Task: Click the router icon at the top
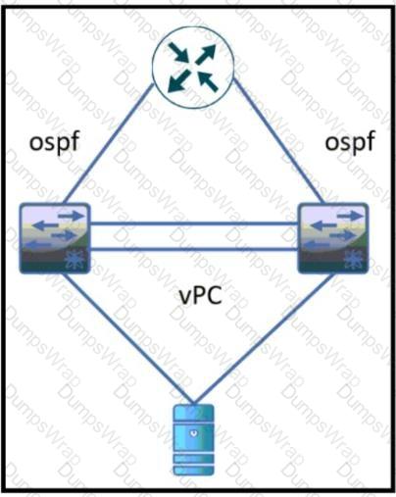pos(193,68)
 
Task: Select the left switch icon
pos(55,238)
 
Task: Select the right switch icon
pos(333,238)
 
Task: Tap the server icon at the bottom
pos(194,440)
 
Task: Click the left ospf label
pos(55,142)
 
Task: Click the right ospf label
pos(350,142)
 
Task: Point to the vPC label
pos(201,296)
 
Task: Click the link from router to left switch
pos(109,144)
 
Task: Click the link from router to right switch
pos(278,141)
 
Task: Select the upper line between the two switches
pos(194,224)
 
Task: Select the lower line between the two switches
pos(194,250)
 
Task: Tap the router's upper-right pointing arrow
pos(206,54)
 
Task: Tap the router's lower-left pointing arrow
pos(179,80)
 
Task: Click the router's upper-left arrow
pos(178,53)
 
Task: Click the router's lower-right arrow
pos(208,81)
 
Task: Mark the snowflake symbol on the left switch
pos(74,261)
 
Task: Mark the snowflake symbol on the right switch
pos(354,261)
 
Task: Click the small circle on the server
pos(194,433)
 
